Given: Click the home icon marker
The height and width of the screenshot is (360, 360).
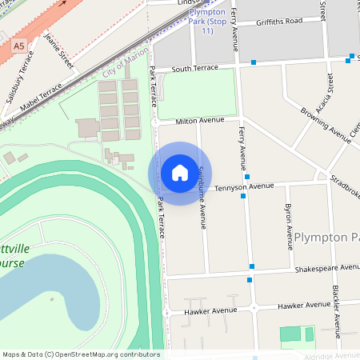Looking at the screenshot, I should click(180, 172).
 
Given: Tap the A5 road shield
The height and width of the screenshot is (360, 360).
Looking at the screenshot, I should click(18, 47).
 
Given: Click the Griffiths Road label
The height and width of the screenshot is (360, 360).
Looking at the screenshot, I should click(280, 21).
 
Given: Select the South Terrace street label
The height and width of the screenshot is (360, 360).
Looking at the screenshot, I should click(194, 69).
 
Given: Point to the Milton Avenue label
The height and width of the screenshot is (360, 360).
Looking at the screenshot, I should click(201, 120).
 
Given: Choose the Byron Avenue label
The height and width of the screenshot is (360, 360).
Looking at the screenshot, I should click(289, 226).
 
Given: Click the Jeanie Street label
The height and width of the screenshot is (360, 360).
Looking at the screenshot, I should click(59, 50).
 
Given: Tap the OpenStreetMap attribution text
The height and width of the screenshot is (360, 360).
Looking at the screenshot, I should click(81, 354).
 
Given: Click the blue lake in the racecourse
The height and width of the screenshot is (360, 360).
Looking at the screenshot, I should click(40, 296).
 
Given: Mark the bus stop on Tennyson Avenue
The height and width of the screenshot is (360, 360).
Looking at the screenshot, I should click(243, 195).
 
